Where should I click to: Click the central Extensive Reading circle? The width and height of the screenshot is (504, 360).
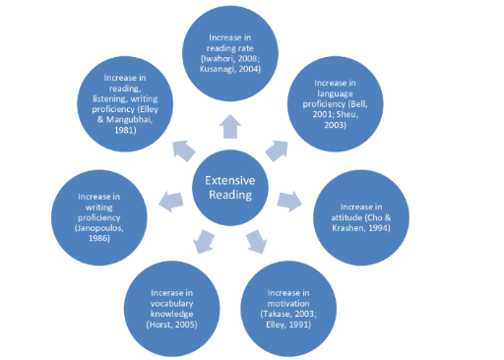[x=230, y=188]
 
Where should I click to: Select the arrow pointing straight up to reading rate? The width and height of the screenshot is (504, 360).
[x=230, y=127]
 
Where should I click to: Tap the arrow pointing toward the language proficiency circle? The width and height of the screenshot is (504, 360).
[x=278, y=150]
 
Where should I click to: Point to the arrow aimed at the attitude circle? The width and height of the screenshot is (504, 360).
[x=289, y=202]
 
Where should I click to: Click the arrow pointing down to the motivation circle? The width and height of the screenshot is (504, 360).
[x=257, y=242]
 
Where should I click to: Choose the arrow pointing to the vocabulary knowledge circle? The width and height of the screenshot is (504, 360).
[x=204, y=242]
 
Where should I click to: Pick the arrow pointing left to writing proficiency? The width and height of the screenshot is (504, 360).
[x=171, y=202]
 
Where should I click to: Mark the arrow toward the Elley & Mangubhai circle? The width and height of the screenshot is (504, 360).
[x=183, y=150]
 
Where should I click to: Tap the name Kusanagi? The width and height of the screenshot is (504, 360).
[x=216, y=69]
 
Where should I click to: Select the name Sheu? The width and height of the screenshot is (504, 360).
[x=347, y=114]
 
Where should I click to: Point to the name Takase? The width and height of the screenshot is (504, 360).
[x=277, y=314]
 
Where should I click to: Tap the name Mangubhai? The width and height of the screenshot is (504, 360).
[x=130, y=120]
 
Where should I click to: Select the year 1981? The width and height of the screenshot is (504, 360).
[x=123, y=130]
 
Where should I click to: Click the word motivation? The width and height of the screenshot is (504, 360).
[x=288, y=304]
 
